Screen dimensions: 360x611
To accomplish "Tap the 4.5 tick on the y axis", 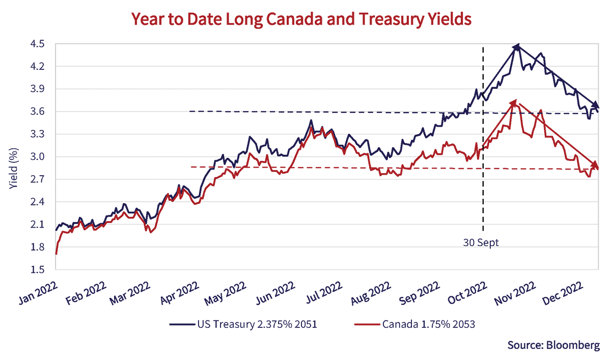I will click(38, 44).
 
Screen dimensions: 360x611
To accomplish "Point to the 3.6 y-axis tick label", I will click(38, 112).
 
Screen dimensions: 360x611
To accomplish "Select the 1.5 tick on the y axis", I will click(38, 270).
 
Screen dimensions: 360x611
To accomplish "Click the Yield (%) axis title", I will click(14, 157).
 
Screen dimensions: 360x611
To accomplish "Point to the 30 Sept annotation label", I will click(481, 242).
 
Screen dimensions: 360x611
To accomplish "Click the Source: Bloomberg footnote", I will click(553, 345).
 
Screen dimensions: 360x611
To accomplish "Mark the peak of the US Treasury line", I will click(517, 46).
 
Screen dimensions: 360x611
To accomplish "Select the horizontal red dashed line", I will click(305, 168).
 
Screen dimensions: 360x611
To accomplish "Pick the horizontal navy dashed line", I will click(305, 112).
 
